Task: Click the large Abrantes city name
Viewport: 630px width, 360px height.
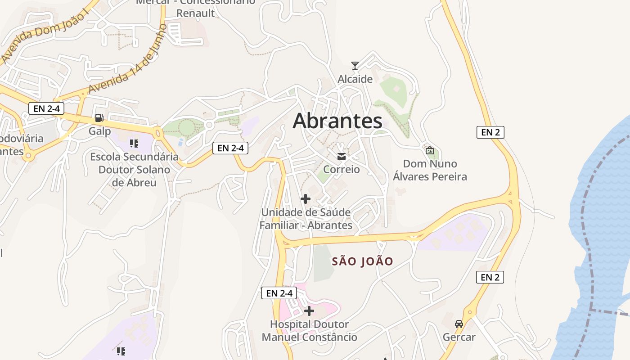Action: coord(337,121)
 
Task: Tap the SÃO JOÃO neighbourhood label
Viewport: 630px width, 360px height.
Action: coord(363,261)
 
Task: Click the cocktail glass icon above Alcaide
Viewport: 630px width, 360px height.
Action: coord(355,66)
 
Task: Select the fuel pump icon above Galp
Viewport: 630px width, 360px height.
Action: coord(99,118)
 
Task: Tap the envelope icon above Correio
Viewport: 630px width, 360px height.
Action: coord(342,157)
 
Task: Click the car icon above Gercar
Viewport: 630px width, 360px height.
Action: coord(459,324)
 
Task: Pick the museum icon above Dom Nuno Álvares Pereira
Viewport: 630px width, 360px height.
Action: coord(430,150)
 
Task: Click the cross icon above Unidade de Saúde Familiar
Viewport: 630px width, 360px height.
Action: coord(306,199)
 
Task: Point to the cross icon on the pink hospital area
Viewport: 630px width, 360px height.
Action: coord(309,310)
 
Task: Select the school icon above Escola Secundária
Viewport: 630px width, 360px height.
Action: coord(134,144)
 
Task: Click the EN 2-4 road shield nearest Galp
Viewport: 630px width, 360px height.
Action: coord(46,108)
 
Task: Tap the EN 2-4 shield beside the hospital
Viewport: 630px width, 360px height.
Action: coord(279,293)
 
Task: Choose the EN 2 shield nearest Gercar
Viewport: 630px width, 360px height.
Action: coord(490,277)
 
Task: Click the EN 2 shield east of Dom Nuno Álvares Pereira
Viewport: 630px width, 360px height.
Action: coord(490,132)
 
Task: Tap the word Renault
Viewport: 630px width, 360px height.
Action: coord(196,13)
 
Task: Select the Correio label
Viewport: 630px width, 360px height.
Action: coord(342,169)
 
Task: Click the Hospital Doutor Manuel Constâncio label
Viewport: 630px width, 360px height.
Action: coord(310,331)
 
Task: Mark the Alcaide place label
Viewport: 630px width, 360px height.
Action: coord(355,79)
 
